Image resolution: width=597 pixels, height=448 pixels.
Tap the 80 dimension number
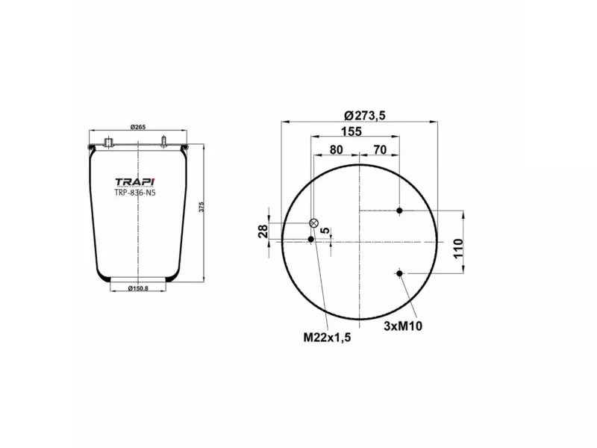click(x=336, y=149)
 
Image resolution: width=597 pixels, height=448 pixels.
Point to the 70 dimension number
click(x=379, y=149)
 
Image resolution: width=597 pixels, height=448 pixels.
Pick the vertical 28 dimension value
click(x=263, y=231)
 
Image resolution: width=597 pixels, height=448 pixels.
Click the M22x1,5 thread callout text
click(x=327, y=337)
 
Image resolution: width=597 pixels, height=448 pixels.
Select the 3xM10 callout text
click(x=403, y=326)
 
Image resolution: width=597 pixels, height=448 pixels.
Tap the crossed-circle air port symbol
click(x=314, y=223)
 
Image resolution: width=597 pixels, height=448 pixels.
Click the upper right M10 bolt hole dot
click(x=400, y=211)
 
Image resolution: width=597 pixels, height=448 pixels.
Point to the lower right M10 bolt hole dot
click(x=400, y=274)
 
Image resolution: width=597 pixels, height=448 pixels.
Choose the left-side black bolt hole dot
click(x=311, y=239)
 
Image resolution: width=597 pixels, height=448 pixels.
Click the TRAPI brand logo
click(x=135, y=181)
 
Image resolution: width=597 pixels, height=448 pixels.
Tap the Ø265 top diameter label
click(x=137, y=127)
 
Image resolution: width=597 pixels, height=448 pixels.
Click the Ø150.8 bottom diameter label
click(x=137, y=288)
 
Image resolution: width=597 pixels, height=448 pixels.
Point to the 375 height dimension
click(x=200, y=207)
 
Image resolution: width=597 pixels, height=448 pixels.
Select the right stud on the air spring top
click(x=163, y=142)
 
